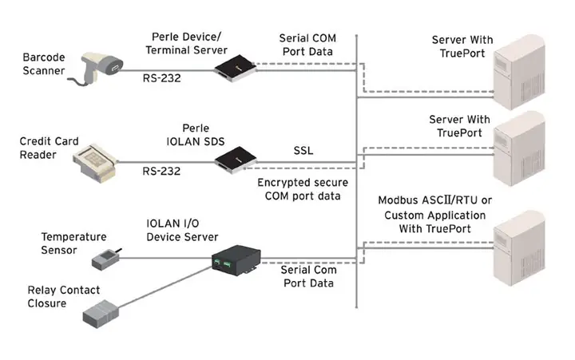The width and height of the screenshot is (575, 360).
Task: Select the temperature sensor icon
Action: coord(107,257)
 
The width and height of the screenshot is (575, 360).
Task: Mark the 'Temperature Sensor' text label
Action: coord(73,243)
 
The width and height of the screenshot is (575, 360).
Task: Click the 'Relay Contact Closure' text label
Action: coord(56,297)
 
